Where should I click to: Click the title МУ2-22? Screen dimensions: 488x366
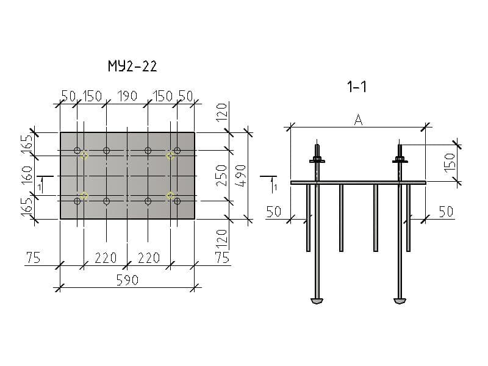(x=132, y=66)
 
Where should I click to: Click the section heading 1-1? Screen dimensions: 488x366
(x=357, y=87)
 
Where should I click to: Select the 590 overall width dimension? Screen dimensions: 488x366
(x=127, y=280)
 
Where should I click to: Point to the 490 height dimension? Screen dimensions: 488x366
(x=240, y=176)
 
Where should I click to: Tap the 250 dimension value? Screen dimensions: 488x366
(x=221, y=176)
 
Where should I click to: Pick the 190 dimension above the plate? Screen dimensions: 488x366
(x=127, y=96)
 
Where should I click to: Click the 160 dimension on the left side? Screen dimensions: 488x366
(x=27, y=175)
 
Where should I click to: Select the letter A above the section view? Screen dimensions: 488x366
(x=358, y=120)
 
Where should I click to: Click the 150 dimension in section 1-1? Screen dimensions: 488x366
(x=450, y=162)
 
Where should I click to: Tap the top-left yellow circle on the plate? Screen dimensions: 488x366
(x=84, y=156)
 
